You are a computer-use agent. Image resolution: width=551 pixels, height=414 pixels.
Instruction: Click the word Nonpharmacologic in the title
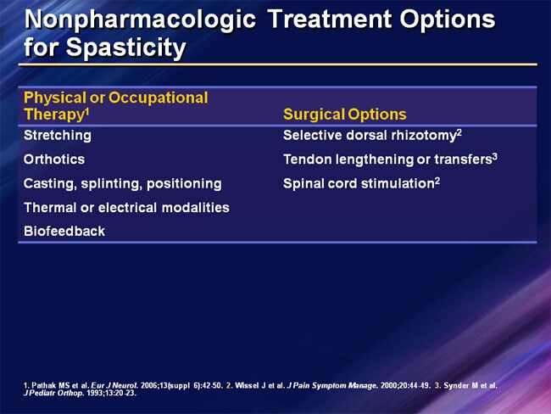pos(140,18)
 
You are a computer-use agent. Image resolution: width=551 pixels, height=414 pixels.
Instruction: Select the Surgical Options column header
pos(344,115)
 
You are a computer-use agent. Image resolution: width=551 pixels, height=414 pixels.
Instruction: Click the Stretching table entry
pos(58,135)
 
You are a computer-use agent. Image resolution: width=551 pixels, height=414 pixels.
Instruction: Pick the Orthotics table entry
pos(54,159)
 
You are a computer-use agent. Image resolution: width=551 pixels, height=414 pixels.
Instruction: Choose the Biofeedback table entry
pos(64,231)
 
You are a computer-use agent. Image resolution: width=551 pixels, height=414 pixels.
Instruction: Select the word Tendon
pos(306,159)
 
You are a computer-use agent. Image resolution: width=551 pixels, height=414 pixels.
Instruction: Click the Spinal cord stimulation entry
pos(359,183)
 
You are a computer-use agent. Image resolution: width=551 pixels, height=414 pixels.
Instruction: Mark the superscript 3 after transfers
pos(494,156)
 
